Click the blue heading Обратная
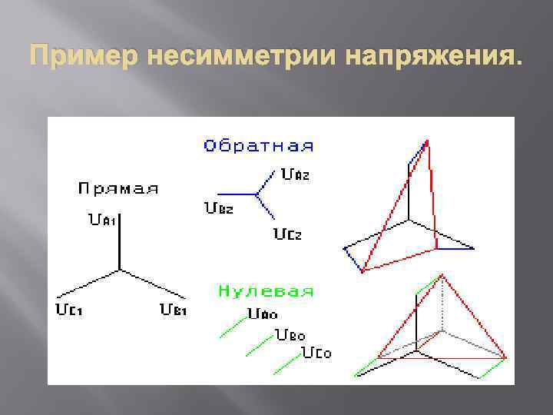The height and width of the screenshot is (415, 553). tap(258, 145)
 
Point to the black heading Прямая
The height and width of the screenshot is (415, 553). tap(118, 189)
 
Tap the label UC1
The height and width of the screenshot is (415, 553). tap(69, 310)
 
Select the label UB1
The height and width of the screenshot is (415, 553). tap(173, 310)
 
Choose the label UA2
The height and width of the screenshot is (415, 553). tap(296, 174)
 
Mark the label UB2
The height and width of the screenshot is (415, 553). tap(219, 207)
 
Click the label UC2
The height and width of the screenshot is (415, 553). tap(288, 234)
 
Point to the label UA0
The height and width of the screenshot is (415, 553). tap(263, 314)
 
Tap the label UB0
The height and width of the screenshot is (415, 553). tap(290, 336)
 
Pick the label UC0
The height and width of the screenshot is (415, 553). tap(316, 354)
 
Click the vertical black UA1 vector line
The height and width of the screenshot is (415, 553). tap(119, 242)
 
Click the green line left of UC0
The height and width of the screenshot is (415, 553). tap(284, 363)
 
